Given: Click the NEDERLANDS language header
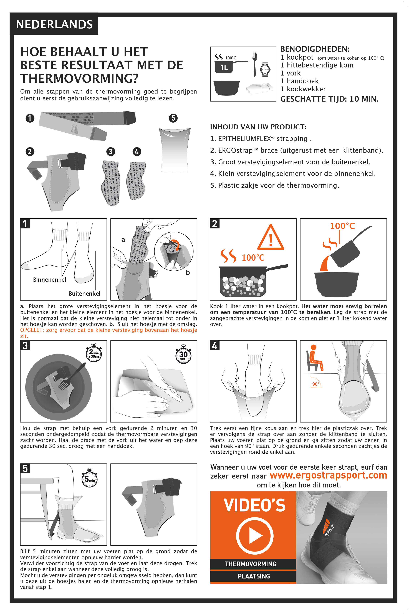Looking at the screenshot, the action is [54, 24].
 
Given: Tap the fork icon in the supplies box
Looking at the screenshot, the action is [255, 64].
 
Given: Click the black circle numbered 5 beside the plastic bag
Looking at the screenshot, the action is [173, 118].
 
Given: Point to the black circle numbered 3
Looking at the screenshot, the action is [111, 152].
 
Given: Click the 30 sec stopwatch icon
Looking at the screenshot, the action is [183, 354].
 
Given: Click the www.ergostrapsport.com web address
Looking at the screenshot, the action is [328, 475].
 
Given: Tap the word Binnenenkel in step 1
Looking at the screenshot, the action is [50, 280].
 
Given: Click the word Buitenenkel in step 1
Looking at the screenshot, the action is [85, 293].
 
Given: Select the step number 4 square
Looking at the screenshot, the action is [215, 345].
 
